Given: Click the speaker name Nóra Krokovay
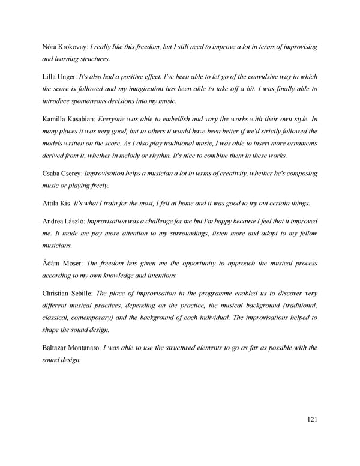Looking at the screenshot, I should point(65,47).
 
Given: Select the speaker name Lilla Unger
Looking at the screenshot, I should point(59,77).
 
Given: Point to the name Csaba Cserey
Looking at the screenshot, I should point(62,174).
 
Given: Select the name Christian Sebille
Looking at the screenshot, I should point(67,294).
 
